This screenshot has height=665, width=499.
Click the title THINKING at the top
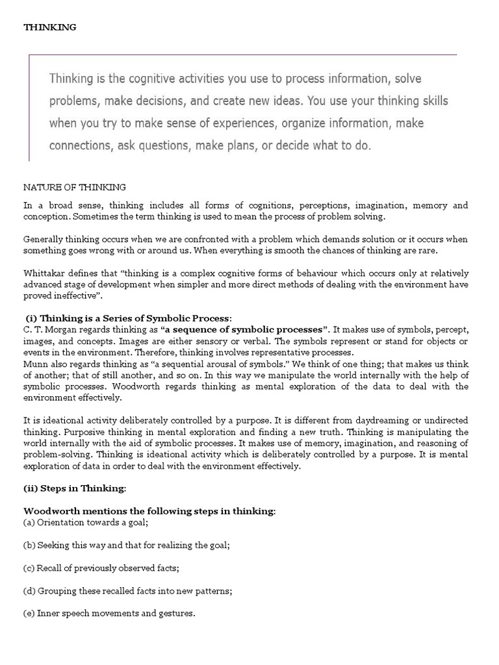pyautogui.click(x=50, y=27)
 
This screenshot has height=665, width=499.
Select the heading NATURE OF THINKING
pyautogui.click(x=75, y=188)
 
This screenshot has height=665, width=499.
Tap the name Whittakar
pyautogui.click(x=44, y=273)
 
